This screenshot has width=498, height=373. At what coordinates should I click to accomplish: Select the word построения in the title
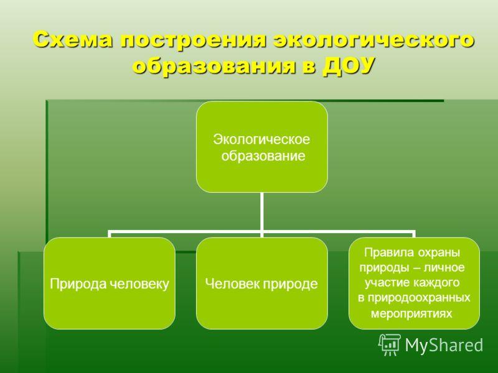193,40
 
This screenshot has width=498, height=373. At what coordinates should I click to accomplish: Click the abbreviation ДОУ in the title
349,66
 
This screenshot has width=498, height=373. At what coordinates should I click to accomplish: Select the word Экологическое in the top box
261,139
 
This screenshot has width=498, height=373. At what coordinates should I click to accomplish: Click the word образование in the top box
263,156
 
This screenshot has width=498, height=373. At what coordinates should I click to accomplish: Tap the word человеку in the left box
139,284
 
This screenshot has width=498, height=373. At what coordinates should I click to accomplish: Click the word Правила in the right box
389,252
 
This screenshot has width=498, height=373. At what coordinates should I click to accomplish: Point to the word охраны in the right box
439,253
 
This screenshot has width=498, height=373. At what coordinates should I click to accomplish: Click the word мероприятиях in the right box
411,313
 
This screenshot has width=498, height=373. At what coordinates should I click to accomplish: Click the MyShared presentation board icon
390,344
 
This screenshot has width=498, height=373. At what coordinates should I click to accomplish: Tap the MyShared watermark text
444,344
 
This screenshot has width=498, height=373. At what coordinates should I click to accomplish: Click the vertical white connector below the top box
261,212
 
